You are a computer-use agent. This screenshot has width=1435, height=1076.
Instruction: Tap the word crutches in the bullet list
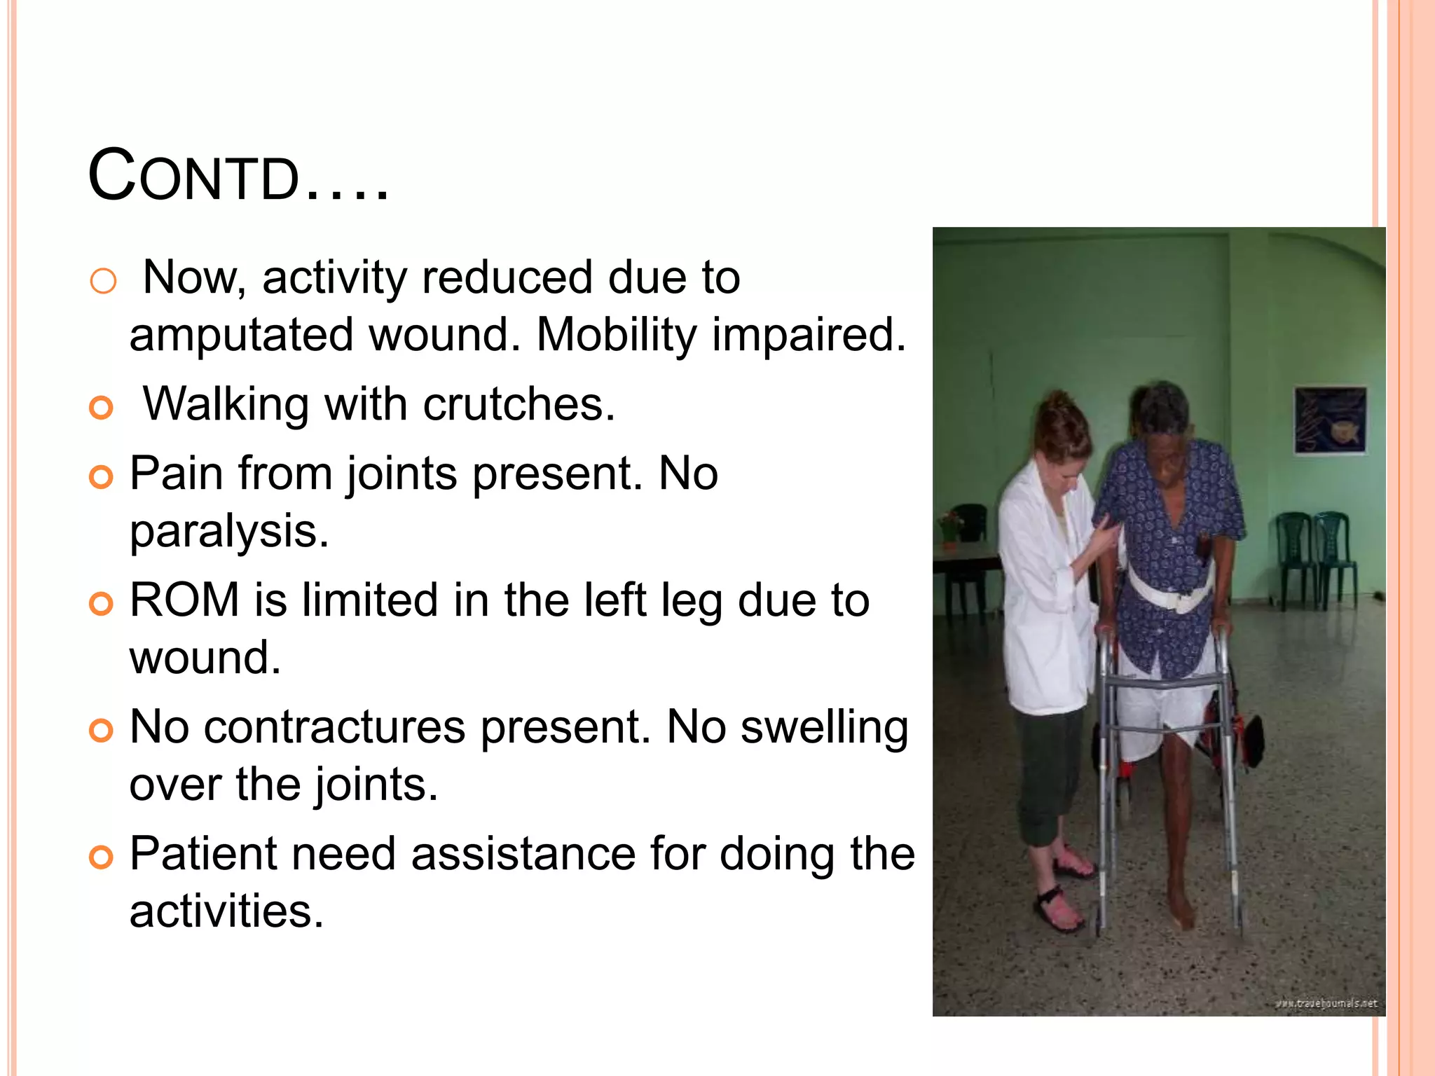point(519,405)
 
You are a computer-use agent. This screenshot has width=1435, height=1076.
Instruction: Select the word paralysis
point(229,531)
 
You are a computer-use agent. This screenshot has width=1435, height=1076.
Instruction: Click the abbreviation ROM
point(185,600)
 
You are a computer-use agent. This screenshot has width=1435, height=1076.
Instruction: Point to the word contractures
point(334,727)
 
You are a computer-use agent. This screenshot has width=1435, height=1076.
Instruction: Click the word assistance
point(523,855)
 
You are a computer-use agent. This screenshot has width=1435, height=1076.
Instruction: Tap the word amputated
point(241,335)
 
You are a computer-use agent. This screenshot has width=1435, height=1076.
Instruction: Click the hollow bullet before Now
point(103,282)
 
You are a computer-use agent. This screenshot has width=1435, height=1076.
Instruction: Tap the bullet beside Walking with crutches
point(102,408)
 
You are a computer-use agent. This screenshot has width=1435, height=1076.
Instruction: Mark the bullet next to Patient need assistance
point(102,857)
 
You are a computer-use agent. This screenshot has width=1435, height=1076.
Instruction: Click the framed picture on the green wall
point(1329,420)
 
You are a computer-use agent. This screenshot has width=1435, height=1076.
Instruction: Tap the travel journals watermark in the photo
point(1326,1003)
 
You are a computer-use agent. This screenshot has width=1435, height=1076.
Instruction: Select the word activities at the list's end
point(227,911)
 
